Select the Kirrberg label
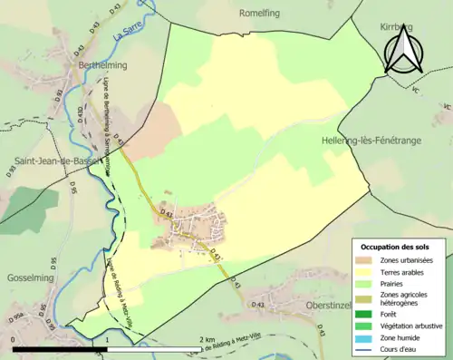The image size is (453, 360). click(x=396, y=28)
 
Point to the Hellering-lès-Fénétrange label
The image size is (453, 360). click(x=386, y=141)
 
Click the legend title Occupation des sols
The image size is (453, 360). click(x=398, y=247)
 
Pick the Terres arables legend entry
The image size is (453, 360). click(x=404, y=271)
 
